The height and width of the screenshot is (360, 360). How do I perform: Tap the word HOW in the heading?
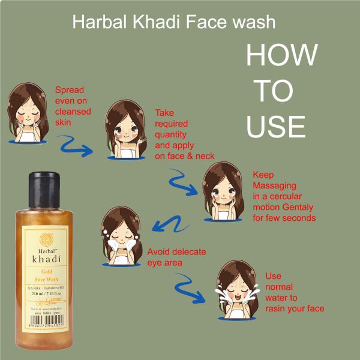pos(281,56)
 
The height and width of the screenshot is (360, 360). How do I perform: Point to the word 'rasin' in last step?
pos(277,308)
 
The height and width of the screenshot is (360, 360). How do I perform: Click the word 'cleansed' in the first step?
pos(73,112)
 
